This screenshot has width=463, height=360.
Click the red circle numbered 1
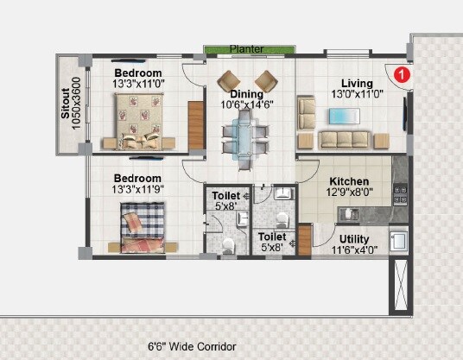click(401, 76)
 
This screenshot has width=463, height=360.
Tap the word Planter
click(246, 49)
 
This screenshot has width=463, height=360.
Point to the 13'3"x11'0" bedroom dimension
click(138, 85)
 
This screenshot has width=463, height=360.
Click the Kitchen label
click(349, 182)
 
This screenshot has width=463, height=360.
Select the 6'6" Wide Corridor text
click(192, 346)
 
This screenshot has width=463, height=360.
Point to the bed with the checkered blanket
click(142, 226)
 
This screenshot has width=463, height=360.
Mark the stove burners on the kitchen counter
click(399, 194)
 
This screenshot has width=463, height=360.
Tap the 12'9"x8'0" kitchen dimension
click(349, 193)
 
